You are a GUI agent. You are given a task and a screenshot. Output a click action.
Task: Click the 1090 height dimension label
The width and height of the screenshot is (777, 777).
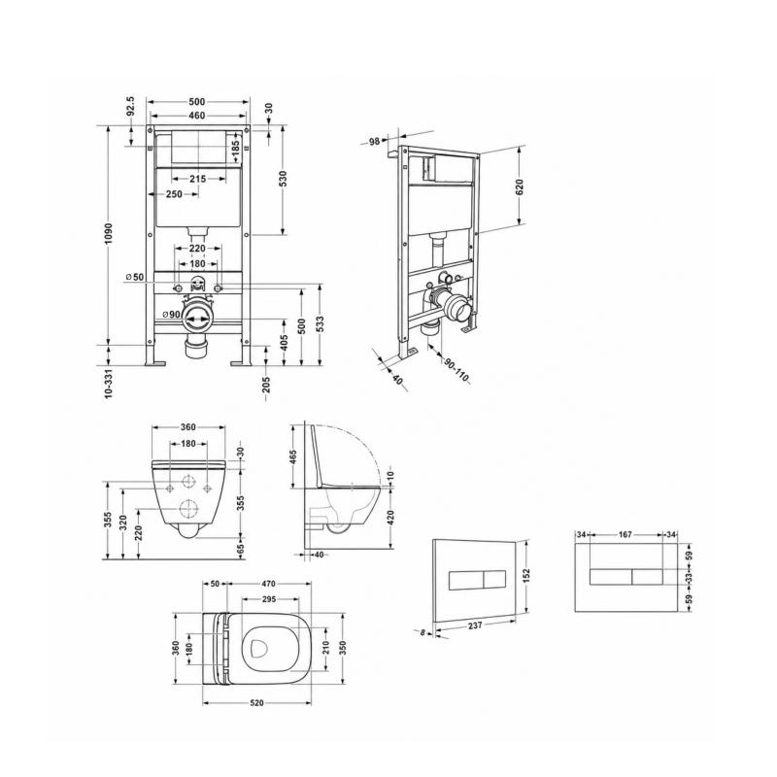pyautogui.click(x=109, y=233)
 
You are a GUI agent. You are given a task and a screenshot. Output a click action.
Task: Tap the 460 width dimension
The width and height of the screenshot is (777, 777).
pyautogui.click(x=197, y=116)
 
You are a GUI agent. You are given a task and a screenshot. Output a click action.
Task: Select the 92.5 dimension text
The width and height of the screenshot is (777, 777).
pyautogui.click(x=130, y=106)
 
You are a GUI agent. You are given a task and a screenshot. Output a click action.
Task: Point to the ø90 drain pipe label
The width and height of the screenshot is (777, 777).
pyautogui.click(x=172, y=314)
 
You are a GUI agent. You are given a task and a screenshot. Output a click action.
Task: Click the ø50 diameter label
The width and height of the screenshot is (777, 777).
pyautogui.click(x=134, y=277)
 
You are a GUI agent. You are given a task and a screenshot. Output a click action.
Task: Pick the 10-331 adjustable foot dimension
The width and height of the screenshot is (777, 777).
pyautogui.click(x=109, y=383)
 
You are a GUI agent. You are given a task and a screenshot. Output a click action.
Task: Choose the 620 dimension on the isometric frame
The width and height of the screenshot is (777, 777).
pyautogui.click(x=520, y=186)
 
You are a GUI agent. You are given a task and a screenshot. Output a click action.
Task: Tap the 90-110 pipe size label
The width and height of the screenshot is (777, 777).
pyautogui.click(x=456, y=370)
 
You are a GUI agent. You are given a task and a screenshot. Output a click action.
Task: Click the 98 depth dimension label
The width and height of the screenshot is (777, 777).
pyautogui.click(x=375, y=141)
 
